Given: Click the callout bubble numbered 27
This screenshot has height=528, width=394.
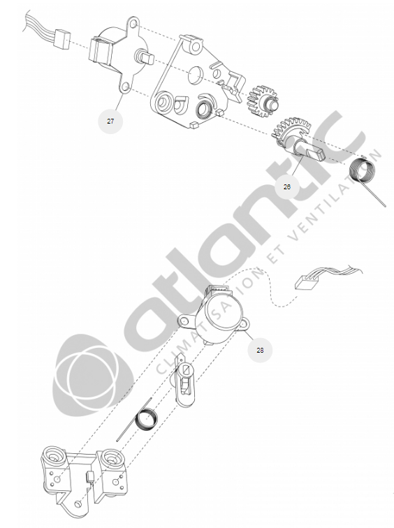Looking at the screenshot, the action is point(110,122).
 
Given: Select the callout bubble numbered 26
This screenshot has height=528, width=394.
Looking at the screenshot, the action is point(287,186).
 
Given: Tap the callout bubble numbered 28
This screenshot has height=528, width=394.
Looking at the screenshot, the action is point(260,350).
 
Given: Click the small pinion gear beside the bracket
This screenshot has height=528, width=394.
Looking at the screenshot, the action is point(262,101).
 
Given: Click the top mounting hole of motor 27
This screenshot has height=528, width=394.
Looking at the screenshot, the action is point(133,24).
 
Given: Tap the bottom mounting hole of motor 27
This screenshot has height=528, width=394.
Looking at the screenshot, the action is point(125,87).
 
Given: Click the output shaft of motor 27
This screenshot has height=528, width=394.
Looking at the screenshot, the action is point(145,57).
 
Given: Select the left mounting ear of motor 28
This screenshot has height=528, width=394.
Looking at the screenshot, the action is point(186,321).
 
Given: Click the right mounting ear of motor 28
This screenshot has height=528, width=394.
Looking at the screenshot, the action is point(244,325).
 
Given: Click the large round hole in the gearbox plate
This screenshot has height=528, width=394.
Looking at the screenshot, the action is point(197,75).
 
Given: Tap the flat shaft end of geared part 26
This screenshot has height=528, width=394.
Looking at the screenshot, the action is point(316,154).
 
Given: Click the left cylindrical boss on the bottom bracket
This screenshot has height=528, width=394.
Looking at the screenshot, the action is point(53,457).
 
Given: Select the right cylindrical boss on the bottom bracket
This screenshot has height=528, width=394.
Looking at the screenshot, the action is point(111,459).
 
